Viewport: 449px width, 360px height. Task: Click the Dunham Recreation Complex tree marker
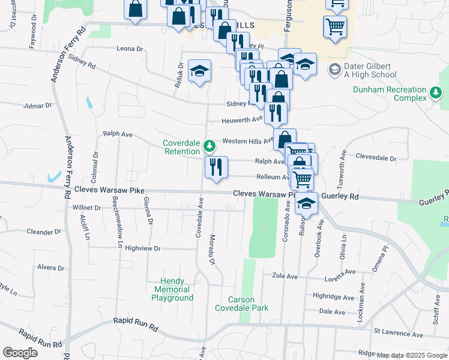(x=435, y=93)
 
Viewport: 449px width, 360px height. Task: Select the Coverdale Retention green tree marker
(x=209, y=146)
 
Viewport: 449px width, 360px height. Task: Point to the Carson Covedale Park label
(x=241, y=304)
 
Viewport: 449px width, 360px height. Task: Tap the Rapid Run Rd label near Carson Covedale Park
(x=136, y=322)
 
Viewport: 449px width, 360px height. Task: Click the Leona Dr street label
(x=131, y=49)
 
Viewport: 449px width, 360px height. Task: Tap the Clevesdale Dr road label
(x=376, y=158)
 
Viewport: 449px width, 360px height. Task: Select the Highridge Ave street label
(x=334, y=297)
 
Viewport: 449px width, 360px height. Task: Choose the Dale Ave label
(x=332, y=312)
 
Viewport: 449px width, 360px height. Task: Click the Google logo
(x=20, y=352)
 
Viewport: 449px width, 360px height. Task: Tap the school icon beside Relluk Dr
(x=199, y=71)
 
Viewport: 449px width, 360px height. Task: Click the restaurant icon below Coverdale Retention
(x=216, y=167)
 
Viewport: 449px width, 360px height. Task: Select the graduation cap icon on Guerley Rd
(x=307, y=204)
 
